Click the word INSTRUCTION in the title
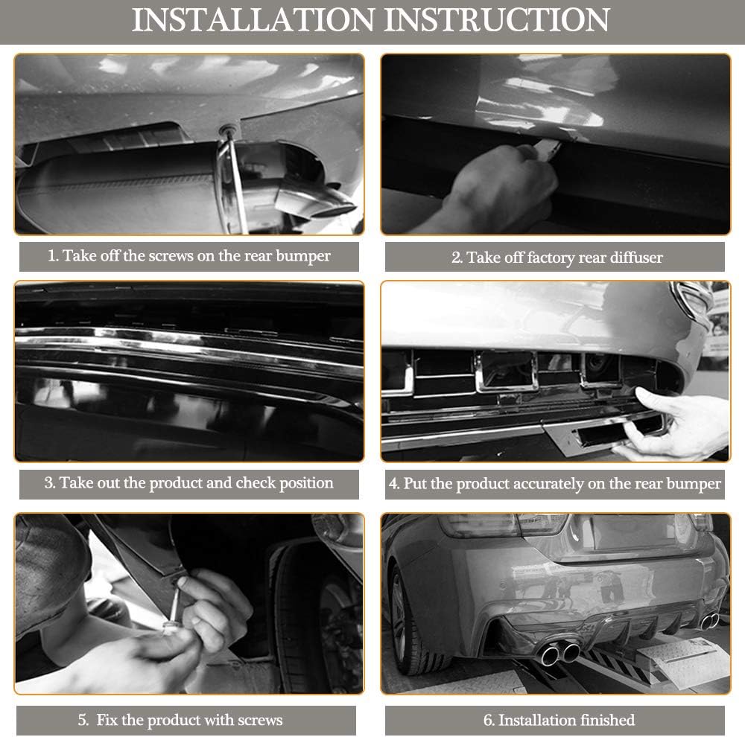pos(497,20)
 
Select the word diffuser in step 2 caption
pos(635,258)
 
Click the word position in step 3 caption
pos(306,483)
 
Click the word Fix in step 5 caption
pos(107,720)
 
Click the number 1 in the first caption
pos(52,256)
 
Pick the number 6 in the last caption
pos(487,721)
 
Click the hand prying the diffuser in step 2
pos(499,185)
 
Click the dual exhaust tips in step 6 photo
pos(561,654)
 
